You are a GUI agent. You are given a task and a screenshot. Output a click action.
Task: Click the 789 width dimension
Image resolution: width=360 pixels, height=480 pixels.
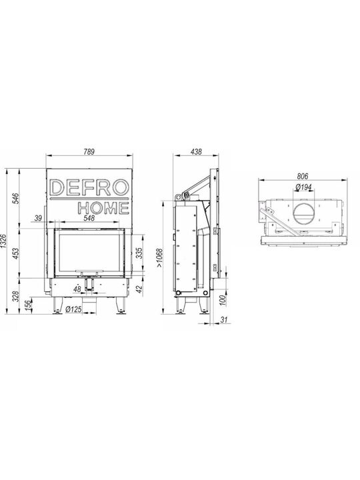tap(89, 151)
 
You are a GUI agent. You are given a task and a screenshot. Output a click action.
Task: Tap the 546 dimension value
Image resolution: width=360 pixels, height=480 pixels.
tap(17, 199)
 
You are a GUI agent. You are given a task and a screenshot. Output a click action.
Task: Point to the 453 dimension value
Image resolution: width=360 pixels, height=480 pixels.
tap(17, 253)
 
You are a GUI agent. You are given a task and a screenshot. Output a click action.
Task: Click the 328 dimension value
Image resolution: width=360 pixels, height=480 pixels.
tap(17, 296)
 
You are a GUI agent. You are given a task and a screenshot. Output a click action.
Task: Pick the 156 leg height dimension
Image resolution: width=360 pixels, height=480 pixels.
tap(27, 305)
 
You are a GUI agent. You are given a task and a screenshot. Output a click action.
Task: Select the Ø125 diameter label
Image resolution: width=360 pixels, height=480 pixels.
tap(74, 309)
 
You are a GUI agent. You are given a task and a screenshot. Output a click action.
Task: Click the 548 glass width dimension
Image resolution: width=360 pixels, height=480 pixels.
tap(89, 218)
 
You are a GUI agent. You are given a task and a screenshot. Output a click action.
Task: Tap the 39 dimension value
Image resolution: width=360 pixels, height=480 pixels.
tap(38, 218)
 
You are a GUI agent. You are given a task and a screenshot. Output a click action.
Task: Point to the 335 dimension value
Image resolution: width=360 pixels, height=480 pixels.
tap(140, 253)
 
